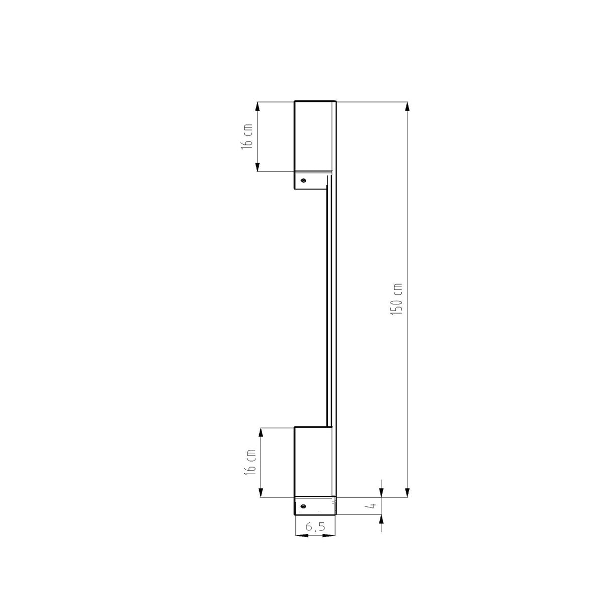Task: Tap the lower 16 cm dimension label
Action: point(250,462)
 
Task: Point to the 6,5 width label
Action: point(315,527)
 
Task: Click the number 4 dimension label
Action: point(373,506)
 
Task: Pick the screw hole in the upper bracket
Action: point(303,181)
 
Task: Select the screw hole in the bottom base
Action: point(303,506)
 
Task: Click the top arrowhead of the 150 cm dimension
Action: point(407,107)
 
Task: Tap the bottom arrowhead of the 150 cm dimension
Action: point(407,493)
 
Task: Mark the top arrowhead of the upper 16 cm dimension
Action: point(257,107)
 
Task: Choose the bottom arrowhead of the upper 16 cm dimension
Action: point(257,167)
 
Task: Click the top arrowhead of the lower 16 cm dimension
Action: point(261,432)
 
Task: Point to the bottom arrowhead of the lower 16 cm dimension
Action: point(261,493)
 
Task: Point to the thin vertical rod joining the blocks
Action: point(329,306)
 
